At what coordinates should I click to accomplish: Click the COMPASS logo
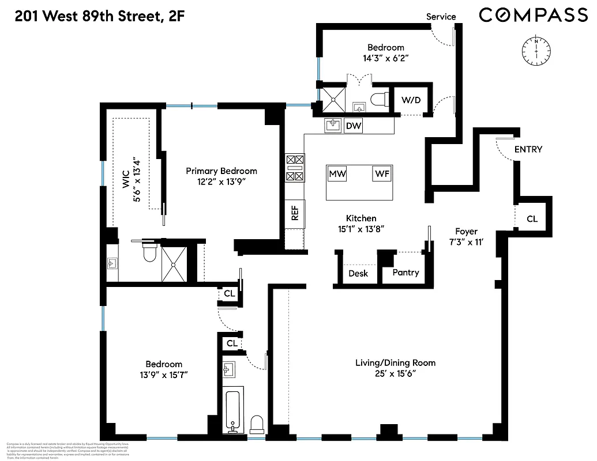(533, 16)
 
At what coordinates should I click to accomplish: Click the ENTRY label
(528, 150)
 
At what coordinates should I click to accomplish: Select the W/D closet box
(411, 100)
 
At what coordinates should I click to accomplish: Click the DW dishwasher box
(353, 126)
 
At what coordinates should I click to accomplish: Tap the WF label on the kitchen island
(382, 174)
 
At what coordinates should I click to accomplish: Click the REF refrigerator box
(295, 214)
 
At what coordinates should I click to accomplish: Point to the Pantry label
(405, 273)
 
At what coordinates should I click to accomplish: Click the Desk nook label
(358, 274)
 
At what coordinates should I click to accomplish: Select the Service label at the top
(441, 17)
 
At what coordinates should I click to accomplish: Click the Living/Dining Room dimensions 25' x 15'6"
(395, 373)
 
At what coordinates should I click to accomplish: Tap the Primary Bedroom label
(221, 171)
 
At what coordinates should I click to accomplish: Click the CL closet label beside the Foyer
(531, 219)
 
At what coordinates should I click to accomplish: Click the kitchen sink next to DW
(333, 125)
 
